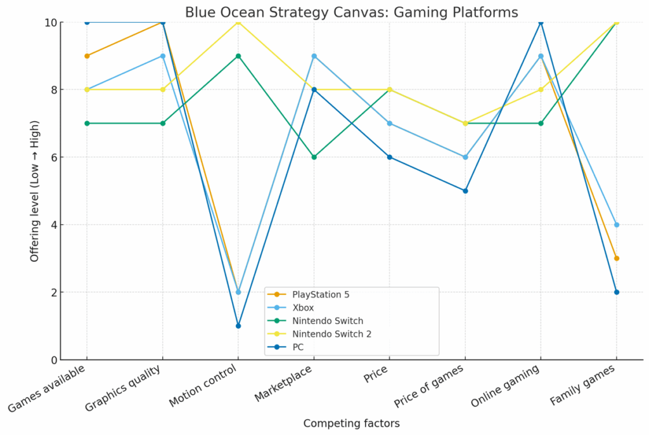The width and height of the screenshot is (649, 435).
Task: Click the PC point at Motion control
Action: (x=238, y=326)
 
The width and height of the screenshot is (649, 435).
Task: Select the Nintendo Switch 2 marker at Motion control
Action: (x=238, y=23)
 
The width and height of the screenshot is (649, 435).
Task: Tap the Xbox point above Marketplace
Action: (x=314, y=56)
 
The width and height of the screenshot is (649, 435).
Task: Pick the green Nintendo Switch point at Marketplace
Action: (x=314, y=157)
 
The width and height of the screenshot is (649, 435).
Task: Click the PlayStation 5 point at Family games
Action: (x=616, y=258)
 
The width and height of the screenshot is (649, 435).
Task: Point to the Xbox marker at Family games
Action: (x=616, y=224)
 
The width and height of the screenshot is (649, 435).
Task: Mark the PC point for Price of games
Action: (x=465, y=191)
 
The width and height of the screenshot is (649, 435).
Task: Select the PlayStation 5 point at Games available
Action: (x=87, y=56)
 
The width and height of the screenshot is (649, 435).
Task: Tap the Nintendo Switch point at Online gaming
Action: (x=541, y=123)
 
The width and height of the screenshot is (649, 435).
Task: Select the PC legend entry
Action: (x=299, y=347)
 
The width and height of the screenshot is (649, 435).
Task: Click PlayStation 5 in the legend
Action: (x=320, y=294)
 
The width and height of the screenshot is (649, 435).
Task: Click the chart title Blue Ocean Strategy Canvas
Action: (x=351, y=12)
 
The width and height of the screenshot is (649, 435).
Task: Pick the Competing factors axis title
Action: (x=351, y=423)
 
